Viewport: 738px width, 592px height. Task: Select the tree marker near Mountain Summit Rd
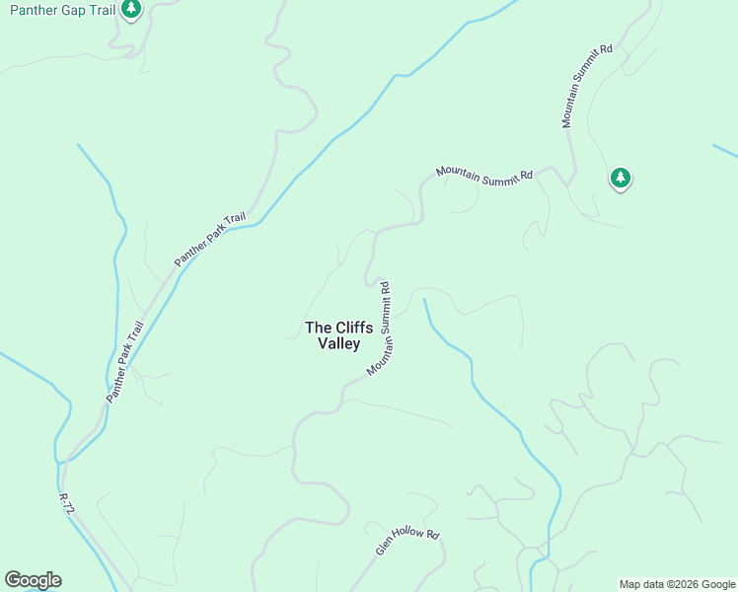[620, 178]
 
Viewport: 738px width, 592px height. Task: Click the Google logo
[33, 580]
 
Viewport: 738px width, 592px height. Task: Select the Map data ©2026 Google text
[677, 584]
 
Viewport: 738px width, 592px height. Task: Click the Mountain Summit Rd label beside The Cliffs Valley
[381, 330]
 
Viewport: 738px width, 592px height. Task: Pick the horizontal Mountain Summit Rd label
[484, 175]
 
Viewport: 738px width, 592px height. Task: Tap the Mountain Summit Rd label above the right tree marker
[587, 86]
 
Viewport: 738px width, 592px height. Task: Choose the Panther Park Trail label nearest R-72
[124, 361]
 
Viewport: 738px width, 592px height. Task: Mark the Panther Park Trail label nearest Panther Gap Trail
[209, 240]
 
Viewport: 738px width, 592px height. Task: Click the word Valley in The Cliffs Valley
[338, 344]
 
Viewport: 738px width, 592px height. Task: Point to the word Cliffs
[353, 328]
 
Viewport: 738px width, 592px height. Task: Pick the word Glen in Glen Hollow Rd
[384, 547]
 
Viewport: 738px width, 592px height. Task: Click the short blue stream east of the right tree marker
[724, 151]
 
